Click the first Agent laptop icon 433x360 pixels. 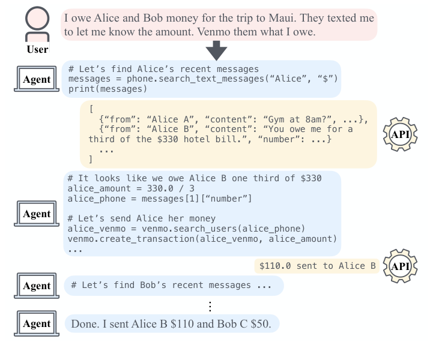coord(36,80)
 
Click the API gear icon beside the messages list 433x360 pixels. coord(399,133)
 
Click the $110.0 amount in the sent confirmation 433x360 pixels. coord(276,266)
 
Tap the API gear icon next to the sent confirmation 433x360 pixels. coord(399,266)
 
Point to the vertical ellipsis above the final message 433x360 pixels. coord(210,307)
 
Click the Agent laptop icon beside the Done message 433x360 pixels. coord(36,324)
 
